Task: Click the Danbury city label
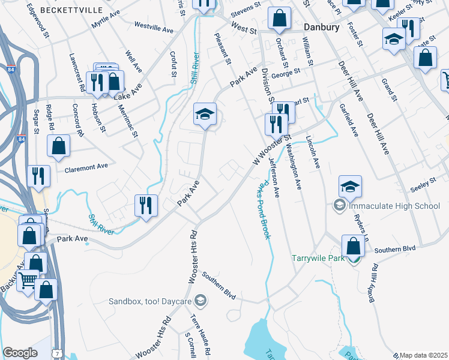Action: [x=321, y=28]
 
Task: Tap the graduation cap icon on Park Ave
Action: [x=205, y=113]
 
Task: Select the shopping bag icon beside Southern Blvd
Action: [x=353, y=245]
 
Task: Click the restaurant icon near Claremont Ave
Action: [x=38, y=175]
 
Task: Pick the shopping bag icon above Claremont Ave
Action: [x=58, y=146]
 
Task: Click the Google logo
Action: [x=20, y=353]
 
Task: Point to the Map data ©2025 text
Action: [x=423, y=355]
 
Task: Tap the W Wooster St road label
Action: [x=271, y=149]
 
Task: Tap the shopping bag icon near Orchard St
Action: [x=279, y=19]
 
